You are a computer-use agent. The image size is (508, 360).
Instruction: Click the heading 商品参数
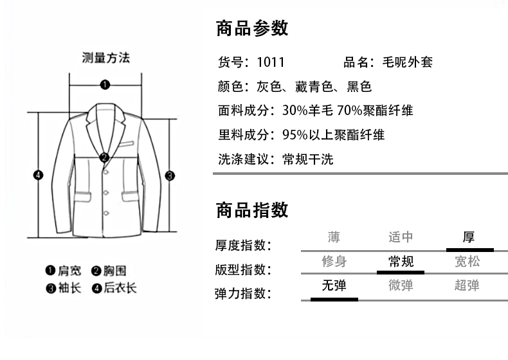tap(252, 28)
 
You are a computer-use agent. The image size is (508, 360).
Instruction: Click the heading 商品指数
tap(252, 210)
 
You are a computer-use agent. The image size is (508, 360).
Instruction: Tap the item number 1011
tap(270, 63)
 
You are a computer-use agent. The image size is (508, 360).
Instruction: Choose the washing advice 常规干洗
tap(307, 159)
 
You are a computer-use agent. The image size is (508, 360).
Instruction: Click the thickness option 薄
tap(334, 237)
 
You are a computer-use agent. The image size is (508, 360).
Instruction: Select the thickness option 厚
tap(468, 237)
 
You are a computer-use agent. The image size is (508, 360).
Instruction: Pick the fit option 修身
tap(334, 262)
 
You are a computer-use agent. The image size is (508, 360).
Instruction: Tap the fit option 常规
tap(401, 262)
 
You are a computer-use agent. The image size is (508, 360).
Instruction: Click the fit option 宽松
tap(467, 262)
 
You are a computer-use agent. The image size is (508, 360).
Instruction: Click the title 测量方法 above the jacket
tap(106, 59)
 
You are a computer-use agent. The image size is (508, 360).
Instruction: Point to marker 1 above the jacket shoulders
tap(105, 84)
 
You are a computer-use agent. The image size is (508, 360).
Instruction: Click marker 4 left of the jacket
tap(38, 175)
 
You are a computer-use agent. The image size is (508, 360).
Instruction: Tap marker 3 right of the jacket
tap(170, 175)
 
